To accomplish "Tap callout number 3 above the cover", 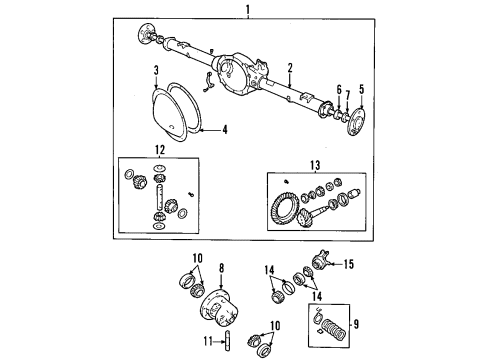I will [157, 72].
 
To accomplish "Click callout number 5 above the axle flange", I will [363, 87].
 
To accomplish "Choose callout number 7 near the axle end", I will [348, 97].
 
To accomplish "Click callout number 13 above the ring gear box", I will [317, 165].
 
